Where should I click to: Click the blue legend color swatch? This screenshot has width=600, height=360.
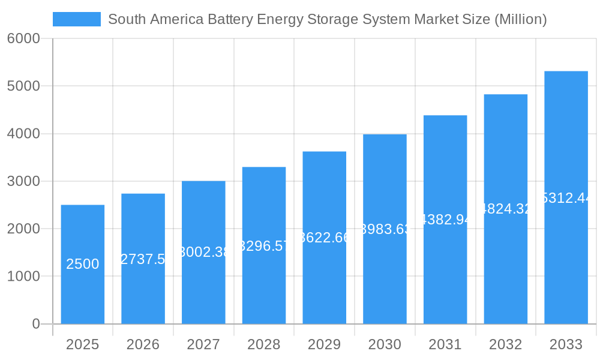click(77, 19)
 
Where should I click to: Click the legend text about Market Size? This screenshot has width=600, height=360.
click(327, 19)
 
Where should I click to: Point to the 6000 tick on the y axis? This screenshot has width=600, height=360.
click(23, 38)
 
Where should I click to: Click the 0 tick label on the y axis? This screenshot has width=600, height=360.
click(35, 324)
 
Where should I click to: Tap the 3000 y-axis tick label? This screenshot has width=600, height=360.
click(23, 181)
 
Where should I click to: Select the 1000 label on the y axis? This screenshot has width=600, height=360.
click(23, 277)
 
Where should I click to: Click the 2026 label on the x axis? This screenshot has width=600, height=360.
click(143, 344)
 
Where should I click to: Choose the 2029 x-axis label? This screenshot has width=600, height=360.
click(324, 344)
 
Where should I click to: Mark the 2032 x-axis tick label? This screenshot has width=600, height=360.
click(505, 344)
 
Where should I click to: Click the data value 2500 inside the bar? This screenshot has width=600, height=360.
click(83, 264)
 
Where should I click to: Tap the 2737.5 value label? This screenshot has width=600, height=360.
click(143, 259)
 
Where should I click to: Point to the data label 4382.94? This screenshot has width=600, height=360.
click(445, 220)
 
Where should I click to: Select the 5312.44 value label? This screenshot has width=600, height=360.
click(566, 198)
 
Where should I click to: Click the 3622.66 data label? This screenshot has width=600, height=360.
click(324, 238)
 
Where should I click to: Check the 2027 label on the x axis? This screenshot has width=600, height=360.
click(203, 344)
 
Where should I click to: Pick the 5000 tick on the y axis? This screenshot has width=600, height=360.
click(23, 86)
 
